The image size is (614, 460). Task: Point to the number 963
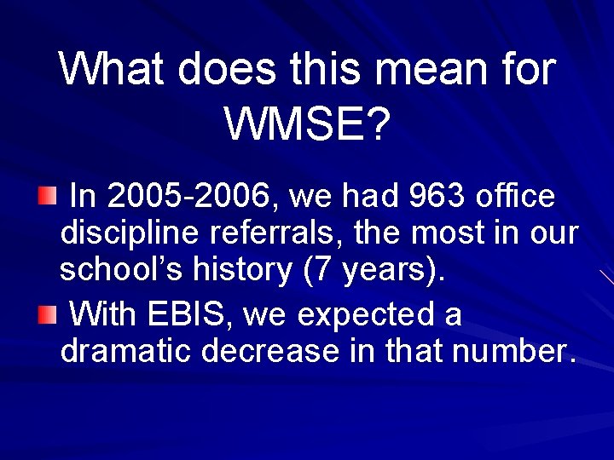tap(437, 198)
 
